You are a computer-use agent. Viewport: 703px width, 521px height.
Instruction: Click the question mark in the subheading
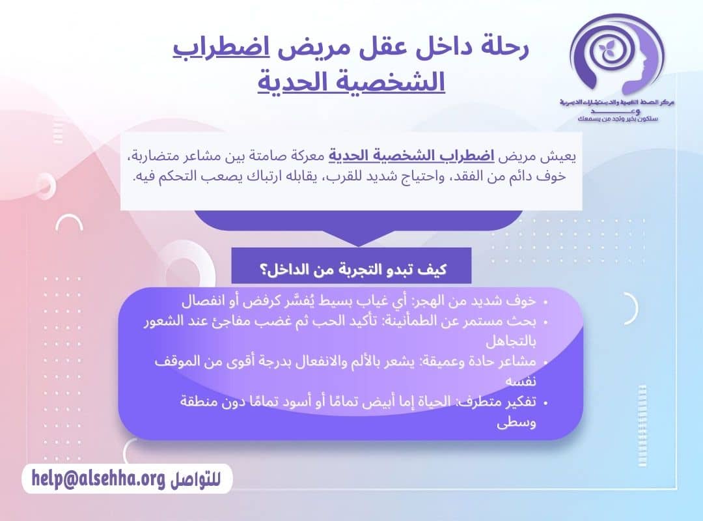click(x=265, y=268)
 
